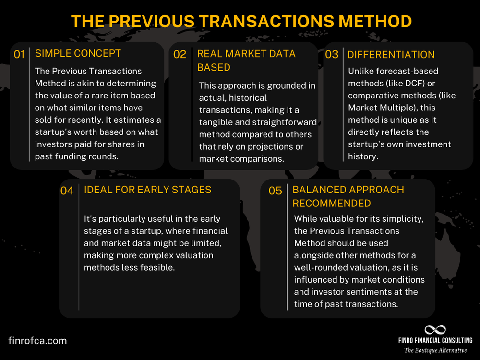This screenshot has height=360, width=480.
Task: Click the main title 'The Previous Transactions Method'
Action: (241, 22)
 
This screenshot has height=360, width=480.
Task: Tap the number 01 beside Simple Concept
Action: (19, 55)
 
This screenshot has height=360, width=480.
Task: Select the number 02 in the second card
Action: (180, 55)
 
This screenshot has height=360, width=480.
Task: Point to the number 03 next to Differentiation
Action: (332, 55)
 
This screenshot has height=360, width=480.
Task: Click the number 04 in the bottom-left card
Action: (67, 191)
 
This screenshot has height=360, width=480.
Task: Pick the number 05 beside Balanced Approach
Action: (275, 191)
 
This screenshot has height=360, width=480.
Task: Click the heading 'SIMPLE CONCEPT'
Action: (78, 53)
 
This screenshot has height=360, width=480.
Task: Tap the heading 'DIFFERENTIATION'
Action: (391, 55)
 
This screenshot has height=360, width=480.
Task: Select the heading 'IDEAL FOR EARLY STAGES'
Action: (147, 190)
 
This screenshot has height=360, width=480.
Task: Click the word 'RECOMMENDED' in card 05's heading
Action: (332, 203)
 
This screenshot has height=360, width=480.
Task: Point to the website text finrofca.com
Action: (37, 341)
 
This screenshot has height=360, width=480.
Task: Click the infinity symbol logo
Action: (435, 330)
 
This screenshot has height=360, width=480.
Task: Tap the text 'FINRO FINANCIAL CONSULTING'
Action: (435, 341)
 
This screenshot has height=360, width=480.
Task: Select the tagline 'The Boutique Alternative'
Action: (435, 350)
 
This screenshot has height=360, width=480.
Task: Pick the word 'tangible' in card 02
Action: (216, 122)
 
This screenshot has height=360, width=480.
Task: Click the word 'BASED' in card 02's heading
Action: (214, 67)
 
